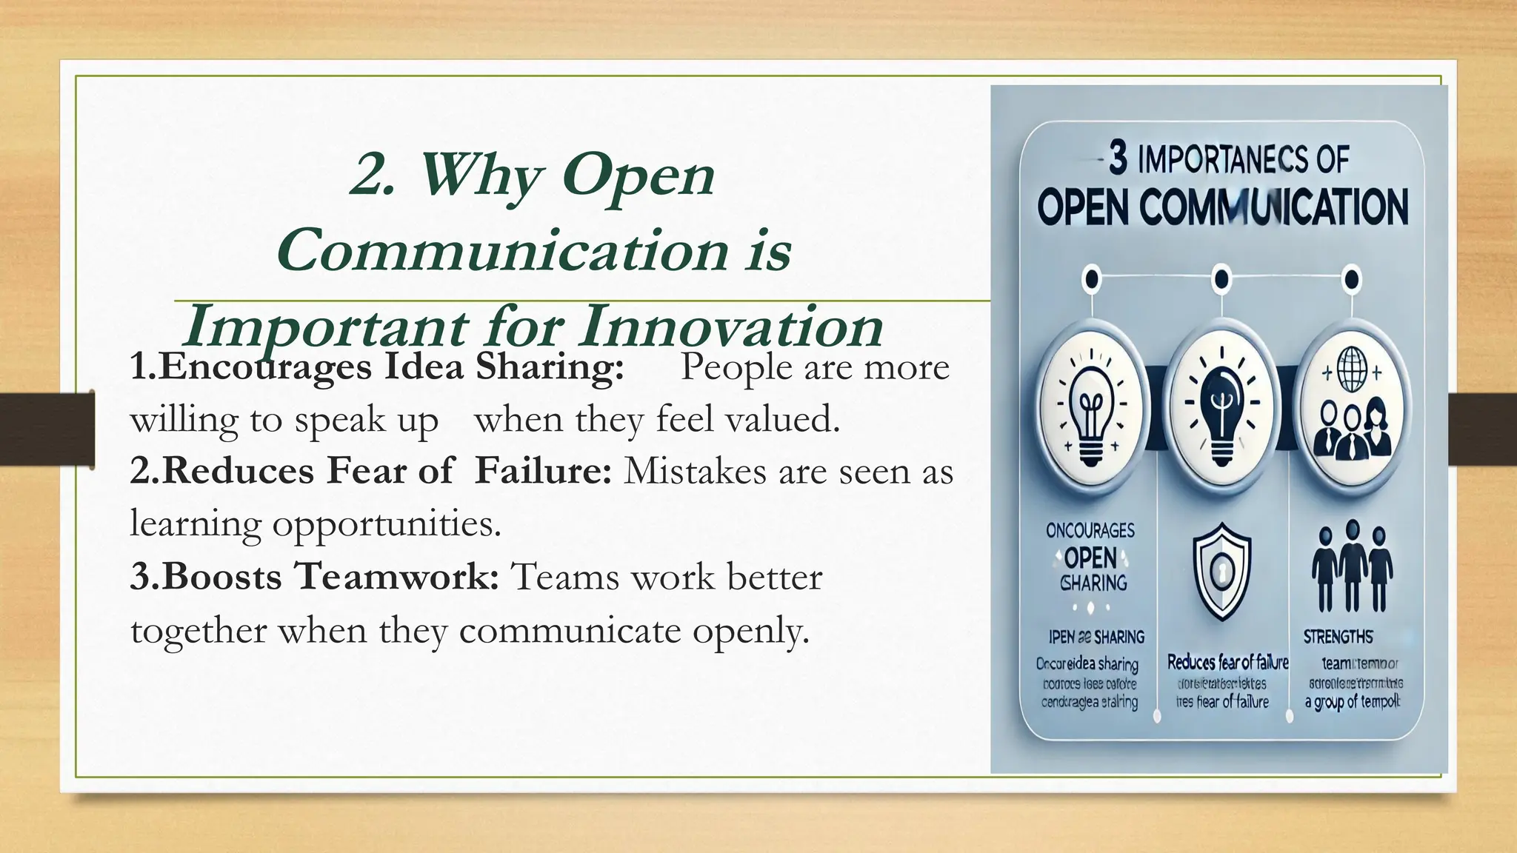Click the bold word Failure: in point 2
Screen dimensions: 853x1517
pyautogui.click(x=543, y=471)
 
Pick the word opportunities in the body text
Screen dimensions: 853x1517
pyautogui.click(x=384, y=523)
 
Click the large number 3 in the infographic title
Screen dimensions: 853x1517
pyautogui.click(x=1118, y=158)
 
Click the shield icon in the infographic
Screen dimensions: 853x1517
pyautogui.click(x=1221, y=570)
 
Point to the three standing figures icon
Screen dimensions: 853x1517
pyautogui.click(x=1352, y=566)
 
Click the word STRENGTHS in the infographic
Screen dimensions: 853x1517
pyautogui.click(x=1338, y=637)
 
